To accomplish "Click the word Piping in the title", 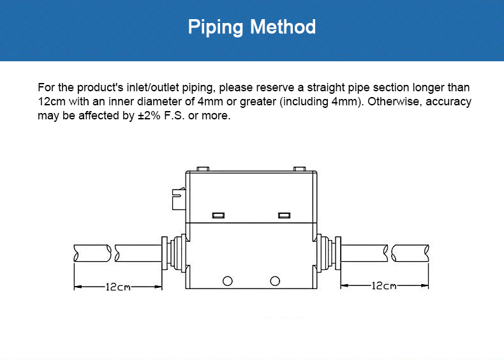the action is [216, 27].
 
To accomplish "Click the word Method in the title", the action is [283, 26].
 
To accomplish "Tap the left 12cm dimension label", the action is [118, 287].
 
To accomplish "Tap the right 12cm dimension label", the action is [384, 285].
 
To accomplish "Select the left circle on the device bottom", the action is [228, 281].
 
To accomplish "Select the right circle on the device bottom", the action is [275, 281].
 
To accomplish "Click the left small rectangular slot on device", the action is [219, 215].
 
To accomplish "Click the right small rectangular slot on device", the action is [284, 215].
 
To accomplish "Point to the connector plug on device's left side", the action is [179, 199].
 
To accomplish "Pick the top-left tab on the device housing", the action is [203, 169].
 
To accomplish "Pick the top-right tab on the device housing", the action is [300, 169].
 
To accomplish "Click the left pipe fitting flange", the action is [164, 253].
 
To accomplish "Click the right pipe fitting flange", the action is [338, 253].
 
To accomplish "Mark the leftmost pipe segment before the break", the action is [93, 253].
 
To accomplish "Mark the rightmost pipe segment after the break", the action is [410, 253].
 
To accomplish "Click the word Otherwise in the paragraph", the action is [395, 101].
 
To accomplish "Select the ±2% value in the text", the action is [149, 116].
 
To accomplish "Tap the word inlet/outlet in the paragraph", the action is [153, 87].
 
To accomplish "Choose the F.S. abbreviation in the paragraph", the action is [174, 116].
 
